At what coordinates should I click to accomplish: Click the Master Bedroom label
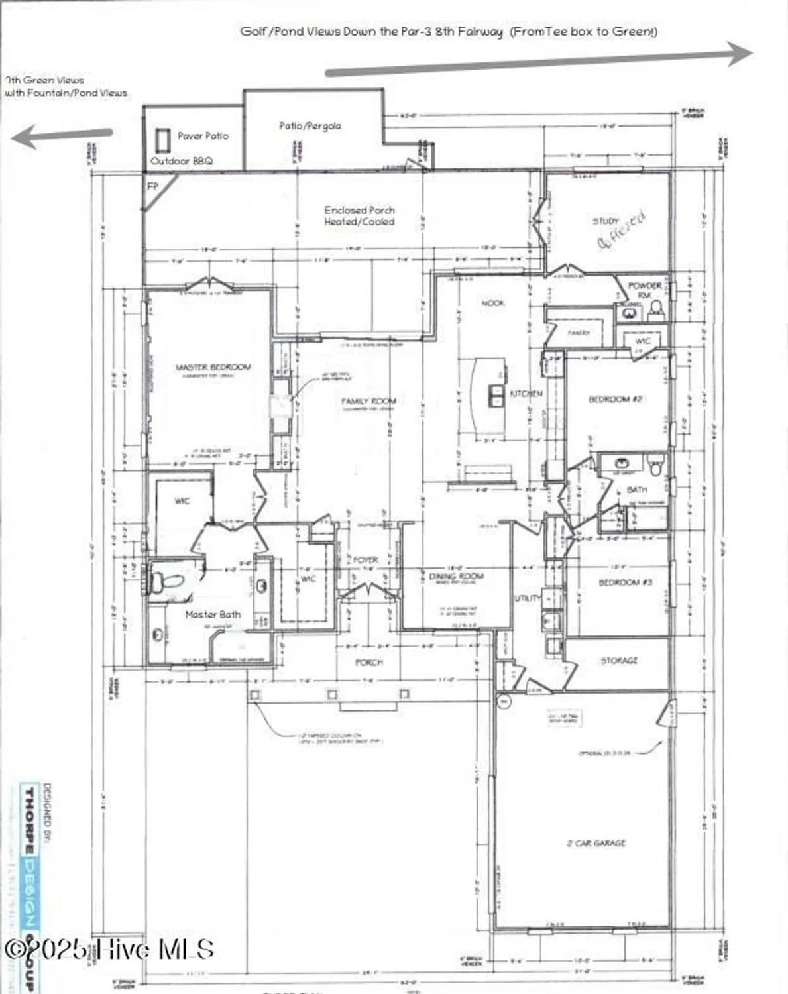213,367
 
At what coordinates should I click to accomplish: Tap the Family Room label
368,401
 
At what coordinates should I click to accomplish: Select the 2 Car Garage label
596,843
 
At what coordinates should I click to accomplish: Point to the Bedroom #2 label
616,399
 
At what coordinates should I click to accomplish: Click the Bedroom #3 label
625,582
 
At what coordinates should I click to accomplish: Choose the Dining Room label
457,576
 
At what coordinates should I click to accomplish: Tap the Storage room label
618,661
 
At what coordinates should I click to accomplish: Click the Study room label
605,221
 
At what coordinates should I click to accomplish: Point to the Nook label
492,303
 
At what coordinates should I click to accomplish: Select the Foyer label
365,560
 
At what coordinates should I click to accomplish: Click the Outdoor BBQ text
182,161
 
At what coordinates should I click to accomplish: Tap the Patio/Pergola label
310,125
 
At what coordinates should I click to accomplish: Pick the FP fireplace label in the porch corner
152,186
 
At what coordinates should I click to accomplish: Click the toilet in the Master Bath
166,582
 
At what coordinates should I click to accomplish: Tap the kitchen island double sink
496,395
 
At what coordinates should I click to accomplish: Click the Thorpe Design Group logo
30,888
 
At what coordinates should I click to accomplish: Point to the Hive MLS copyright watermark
109,949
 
